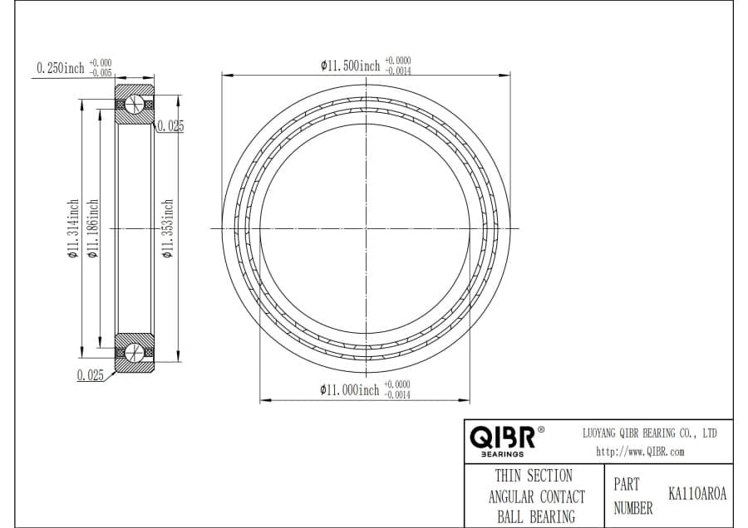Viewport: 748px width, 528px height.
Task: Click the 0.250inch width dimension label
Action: point(61,68)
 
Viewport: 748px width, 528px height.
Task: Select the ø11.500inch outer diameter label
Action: point(351,66)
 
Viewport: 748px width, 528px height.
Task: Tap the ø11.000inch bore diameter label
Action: point(350,390)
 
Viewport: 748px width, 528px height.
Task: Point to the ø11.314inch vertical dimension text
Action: point(72,229)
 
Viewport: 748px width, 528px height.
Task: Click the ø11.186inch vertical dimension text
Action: point(93,229)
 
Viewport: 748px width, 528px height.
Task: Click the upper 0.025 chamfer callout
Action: point(170,126)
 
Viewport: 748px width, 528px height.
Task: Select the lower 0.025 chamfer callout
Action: point(90,375)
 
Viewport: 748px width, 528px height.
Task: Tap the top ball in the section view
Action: point(135,104)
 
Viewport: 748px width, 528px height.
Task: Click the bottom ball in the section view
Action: point(135,352)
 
